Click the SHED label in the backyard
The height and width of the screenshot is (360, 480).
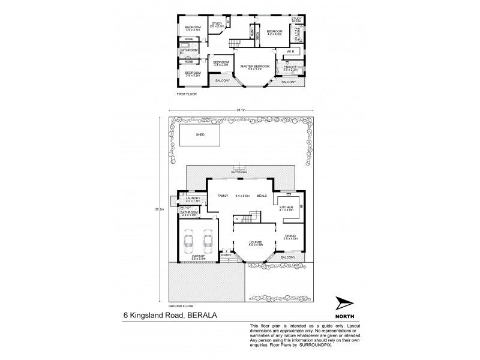200,135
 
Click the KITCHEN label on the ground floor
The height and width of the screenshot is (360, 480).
285,208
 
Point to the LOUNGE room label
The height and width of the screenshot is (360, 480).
256,243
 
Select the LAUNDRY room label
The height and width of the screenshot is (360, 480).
193,199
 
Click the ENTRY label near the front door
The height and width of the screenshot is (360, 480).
226,255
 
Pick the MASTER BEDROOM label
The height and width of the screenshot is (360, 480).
254,67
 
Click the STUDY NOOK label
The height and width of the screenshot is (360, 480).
296,20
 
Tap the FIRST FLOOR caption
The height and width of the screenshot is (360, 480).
187,94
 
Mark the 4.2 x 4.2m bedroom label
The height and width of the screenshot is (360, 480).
275,32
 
